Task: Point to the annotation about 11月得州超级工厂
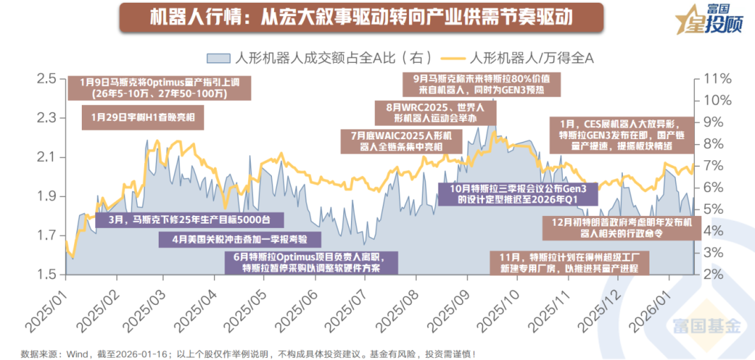tap(570, 262)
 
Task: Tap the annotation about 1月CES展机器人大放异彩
tap(621, 134)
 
